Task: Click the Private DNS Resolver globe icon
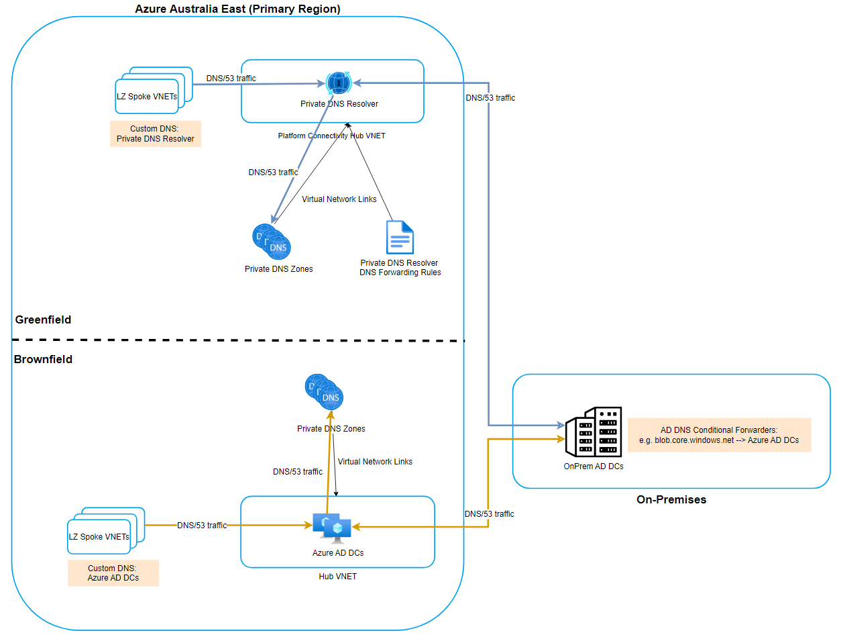pyautogui.click(x=339, y=83)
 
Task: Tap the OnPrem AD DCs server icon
pyautogui.click(x=594, y=432)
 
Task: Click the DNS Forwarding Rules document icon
pyautogui.click(x=400, y=237)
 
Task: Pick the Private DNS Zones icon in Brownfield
pyautogui.click(x=325, y=392)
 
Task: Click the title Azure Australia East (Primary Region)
pyautogui.click(x=237, y=9)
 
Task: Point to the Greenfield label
pyautogui.click(x=43, y=319)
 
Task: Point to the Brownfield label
pyautogui.click(x=43, y=359)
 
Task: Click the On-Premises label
pyautogui.click(x=671, y=499)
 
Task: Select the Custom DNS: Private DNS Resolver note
pyautogui.click(x=156, y=134)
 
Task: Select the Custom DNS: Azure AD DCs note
pyautogui.click(x=113, y=573)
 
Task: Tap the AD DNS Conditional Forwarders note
pyautogui.click(x=719, y=435)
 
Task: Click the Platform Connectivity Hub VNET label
pyautogui.click(x=332, y=136)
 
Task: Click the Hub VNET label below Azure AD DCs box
pyautogui.click(x=337, y=577)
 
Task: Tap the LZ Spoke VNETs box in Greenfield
pyautogui.click(x=148, y=96)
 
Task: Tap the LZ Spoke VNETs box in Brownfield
pyautogui.click(x=99, y=536)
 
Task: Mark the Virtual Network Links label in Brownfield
pyautogui.click(x=375, y=462)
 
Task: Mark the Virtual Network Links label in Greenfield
pyautogui.click(x=339, y=199)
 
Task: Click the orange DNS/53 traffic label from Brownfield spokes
pyautogui.click(x=202, y=526)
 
